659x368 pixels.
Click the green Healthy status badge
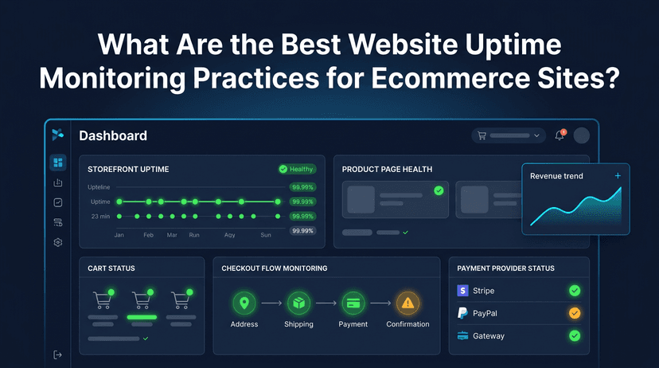tap(296, 169)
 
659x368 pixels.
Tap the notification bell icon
tap(560, 135)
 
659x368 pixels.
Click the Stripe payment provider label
tap(484, 292)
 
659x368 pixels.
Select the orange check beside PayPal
tap(574, 313)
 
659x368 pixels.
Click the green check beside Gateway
tap(574, 335)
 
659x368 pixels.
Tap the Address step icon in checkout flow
tap(244, 303)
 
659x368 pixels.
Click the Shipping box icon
tap(298, 303)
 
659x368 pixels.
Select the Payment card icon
tap(353, 303)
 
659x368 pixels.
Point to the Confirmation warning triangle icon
tap(407, 303)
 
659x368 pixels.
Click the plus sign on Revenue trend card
tap(618, 175)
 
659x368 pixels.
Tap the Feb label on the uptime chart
tap(148, 235)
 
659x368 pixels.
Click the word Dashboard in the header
tap(113, 136)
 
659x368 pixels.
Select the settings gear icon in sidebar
tap(58, 242)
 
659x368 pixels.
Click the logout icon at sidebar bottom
tap(58, 354)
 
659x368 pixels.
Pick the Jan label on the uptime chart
tap(119, 235)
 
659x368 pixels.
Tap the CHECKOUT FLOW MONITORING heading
tap(275, 268)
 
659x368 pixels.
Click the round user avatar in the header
tap(582, 135)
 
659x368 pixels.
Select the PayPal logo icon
tap(462, 313)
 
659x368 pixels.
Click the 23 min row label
tap(100, 216)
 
